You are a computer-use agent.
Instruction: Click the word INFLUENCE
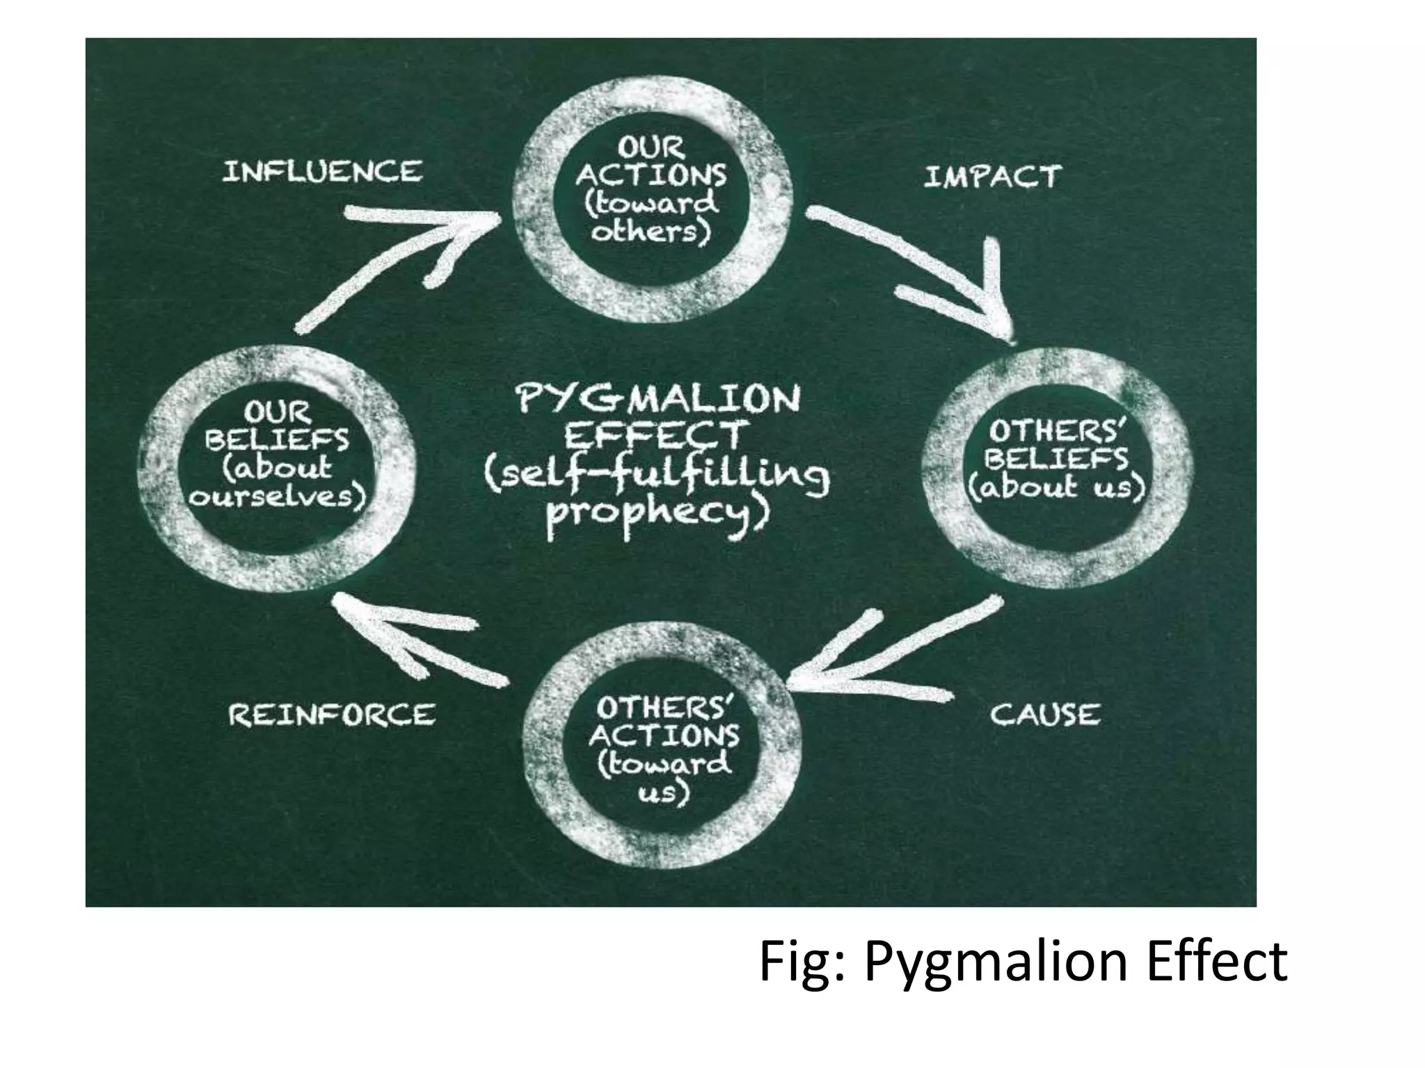point(322,172)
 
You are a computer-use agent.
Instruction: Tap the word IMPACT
point(992,177)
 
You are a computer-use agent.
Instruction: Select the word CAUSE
point(1045,715)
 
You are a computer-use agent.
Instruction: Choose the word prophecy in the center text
point(658,515)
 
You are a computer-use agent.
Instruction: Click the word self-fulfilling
point(658,476)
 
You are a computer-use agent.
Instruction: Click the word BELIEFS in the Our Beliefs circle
point(278,440)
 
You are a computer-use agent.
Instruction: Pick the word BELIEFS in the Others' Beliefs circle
point(1058,459)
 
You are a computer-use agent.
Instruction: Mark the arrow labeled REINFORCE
point(417,636)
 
